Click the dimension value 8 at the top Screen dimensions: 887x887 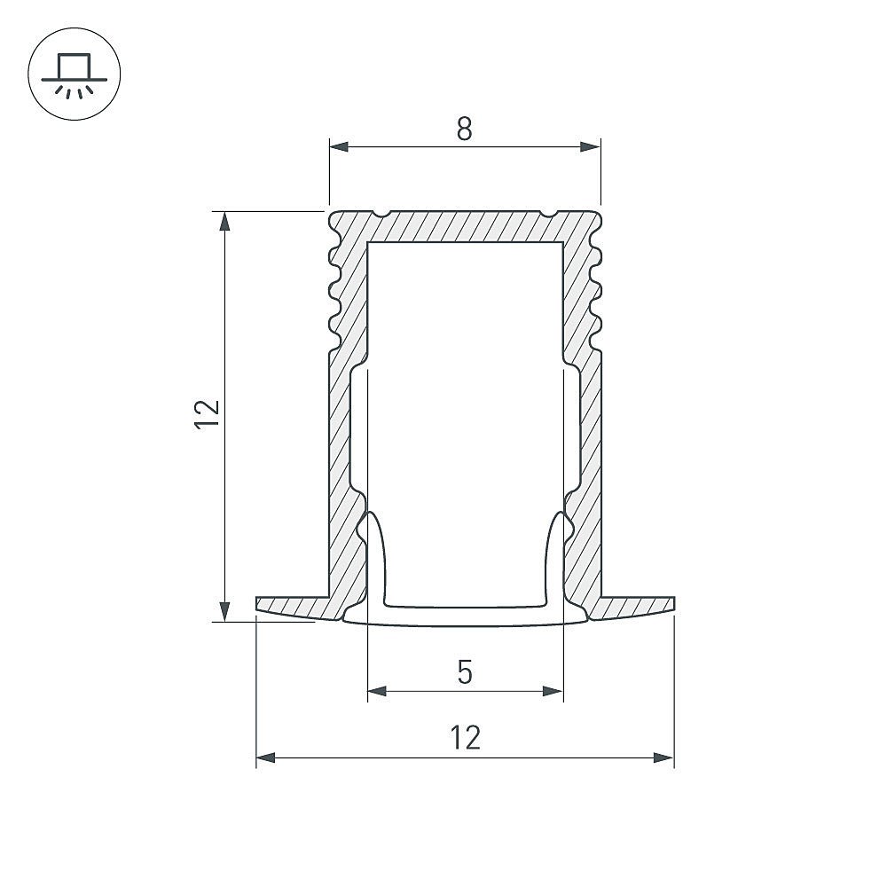(x=465, y=130)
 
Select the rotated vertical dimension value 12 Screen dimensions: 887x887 (x=206, y=415)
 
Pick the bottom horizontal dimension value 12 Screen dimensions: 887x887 (x=465, y=738)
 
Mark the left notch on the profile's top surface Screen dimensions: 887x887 (x=382, y=214)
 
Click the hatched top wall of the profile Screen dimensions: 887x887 (x=465, y=226)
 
